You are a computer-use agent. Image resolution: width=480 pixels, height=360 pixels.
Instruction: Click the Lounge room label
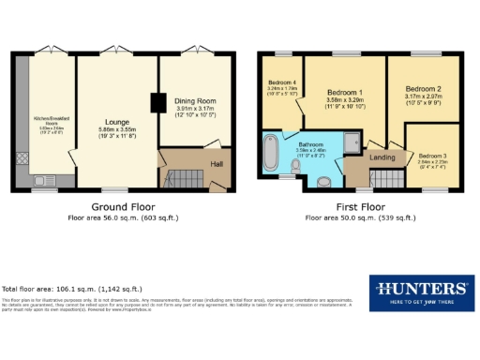pyautogui.click(x=116, y=122)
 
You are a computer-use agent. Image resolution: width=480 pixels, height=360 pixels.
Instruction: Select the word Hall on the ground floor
pyautogui.click(x=217, y=164)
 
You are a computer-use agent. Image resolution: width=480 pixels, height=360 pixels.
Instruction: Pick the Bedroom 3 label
pyautogui.click(x=432, y=156)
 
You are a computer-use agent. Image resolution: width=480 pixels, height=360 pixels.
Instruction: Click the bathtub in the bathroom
pyautogui.click(x=273, y=154)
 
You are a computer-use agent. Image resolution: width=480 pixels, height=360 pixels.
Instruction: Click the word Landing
pyautogui.click(x=382, y=157)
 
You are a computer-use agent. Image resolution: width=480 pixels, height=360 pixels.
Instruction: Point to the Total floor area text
pyautogui.click(x=72, y=288)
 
